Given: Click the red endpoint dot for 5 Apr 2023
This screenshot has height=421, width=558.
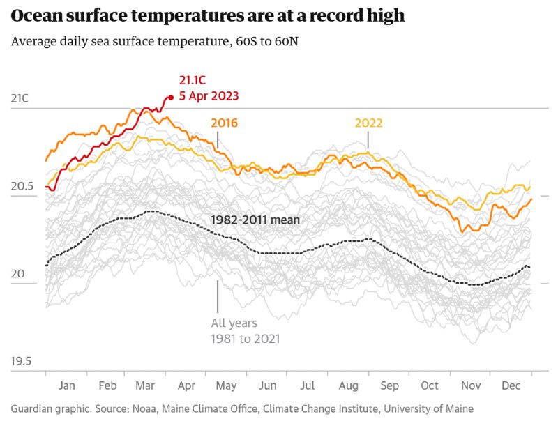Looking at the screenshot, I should tap(170, 98).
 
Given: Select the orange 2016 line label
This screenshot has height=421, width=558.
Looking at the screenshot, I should tap(224, 123).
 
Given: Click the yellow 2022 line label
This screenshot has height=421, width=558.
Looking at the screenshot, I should tap(368, 123).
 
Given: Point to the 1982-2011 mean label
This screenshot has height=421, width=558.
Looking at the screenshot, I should tap(255, 220).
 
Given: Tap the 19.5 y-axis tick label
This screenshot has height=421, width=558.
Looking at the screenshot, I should tap(22, 361).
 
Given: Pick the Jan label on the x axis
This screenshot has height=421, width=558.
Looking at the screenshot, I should tap(67, 385).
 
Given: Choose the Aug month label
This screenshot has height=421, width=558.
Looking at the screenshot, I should tap(349, 385).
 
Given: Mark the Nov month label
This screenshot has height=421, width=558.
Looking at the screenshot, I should tap(472, 385).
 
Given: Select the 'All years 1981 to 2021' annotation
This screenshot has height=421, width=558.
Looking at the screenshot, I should tap(245, 331).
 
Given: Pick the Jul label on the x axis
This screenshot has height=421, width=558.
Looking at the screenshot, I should tap(308, 385).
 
